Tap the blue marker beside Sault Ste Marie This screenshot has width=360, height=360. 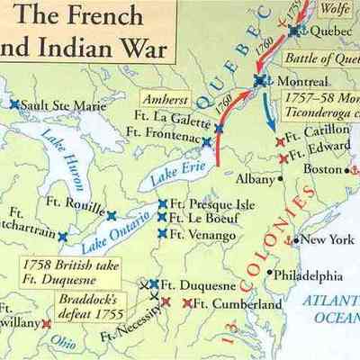14,104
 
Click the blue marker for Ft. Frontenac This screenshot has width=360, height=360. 206,141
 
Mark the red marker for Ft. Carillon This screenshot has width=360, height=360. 278,141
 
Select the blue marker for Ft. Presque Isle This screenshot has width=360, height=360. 163,203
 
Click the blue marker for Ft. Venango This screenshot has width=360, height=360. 162,234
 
